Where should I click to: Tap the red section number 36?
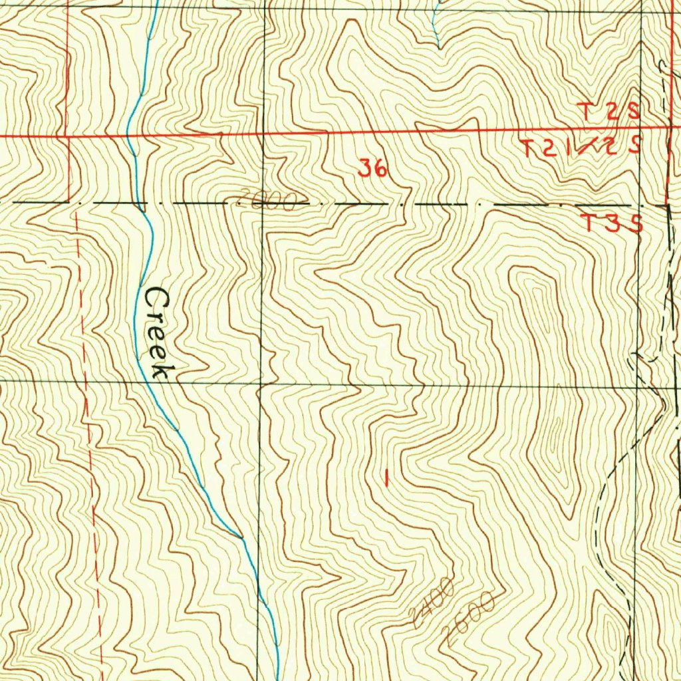tap(372, 169)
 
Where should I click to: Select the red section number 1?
tap(386, 476)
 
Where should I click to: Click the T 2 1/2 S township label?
tap(581, 148)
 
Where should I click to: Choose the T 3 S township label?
tap(611, 223)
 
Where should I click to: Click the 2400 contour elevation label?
tap(432, 603)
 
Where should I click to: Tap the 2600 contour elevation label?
tap(471, 616)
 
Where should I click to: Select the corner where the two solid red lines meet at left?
tap(69, 136)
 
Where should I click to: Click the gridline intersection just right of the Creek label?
tap(261, 383)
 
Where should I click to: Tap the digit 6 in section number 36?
tap(379, 169)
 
